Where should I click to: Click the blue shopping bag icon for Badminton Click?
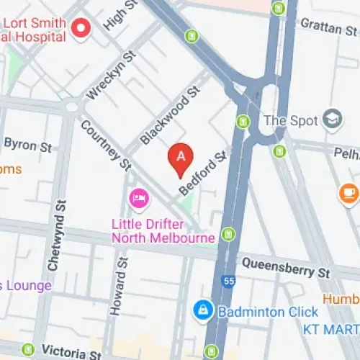[x=204, y=311]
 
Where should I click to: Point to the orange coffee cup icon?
[x=348, y=192]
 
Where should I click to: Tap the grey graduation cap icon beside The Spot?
[x=333, y=118]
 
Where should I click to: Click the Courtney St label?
[x=107, y=145]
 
